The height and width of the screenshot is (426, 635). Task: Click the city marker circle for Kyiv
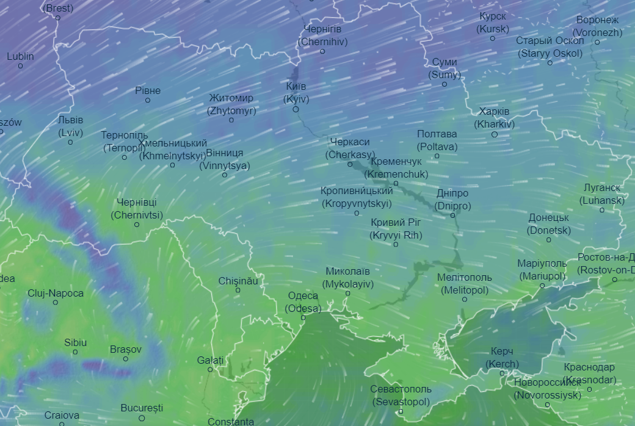296,109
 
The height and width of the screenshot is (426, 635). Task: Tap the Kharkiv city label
495,118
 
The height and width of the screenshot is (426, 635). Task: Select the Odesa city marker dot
303,317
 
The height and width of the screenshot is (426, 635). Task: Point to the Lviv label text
71,126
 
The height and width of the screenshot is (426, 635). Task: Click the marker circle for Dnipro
453,215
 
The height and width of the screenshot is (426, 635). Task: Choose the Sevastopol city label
401,395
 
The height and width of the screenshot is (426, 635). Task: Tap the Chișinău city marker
238,290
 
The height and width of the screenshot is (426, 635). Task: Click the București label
142,407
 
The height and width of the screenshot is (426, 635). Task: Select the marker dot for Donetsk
548,239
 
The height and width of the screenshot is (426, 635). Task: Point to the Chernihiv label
323,35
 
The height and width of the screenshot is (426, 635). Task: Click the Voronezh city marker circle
597,42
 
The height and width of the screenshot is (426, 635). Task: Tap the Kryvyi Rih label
396,229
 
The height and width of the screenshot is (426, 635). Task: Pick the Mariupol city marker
542,285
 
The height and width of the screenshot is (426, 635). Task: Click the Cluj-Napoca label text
56,293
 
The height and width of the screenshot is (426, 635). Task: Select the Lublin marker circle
20,66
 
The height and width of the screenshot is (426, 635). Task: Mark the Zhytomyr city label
231,104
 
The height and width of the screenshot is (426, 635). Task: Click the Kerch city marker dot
502,373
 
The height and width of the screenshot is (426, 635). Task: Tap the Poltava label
437,140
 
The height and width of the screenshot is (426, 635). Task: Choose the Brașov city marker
126,358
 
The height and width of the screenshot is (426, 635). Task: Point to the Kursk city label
493,23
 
